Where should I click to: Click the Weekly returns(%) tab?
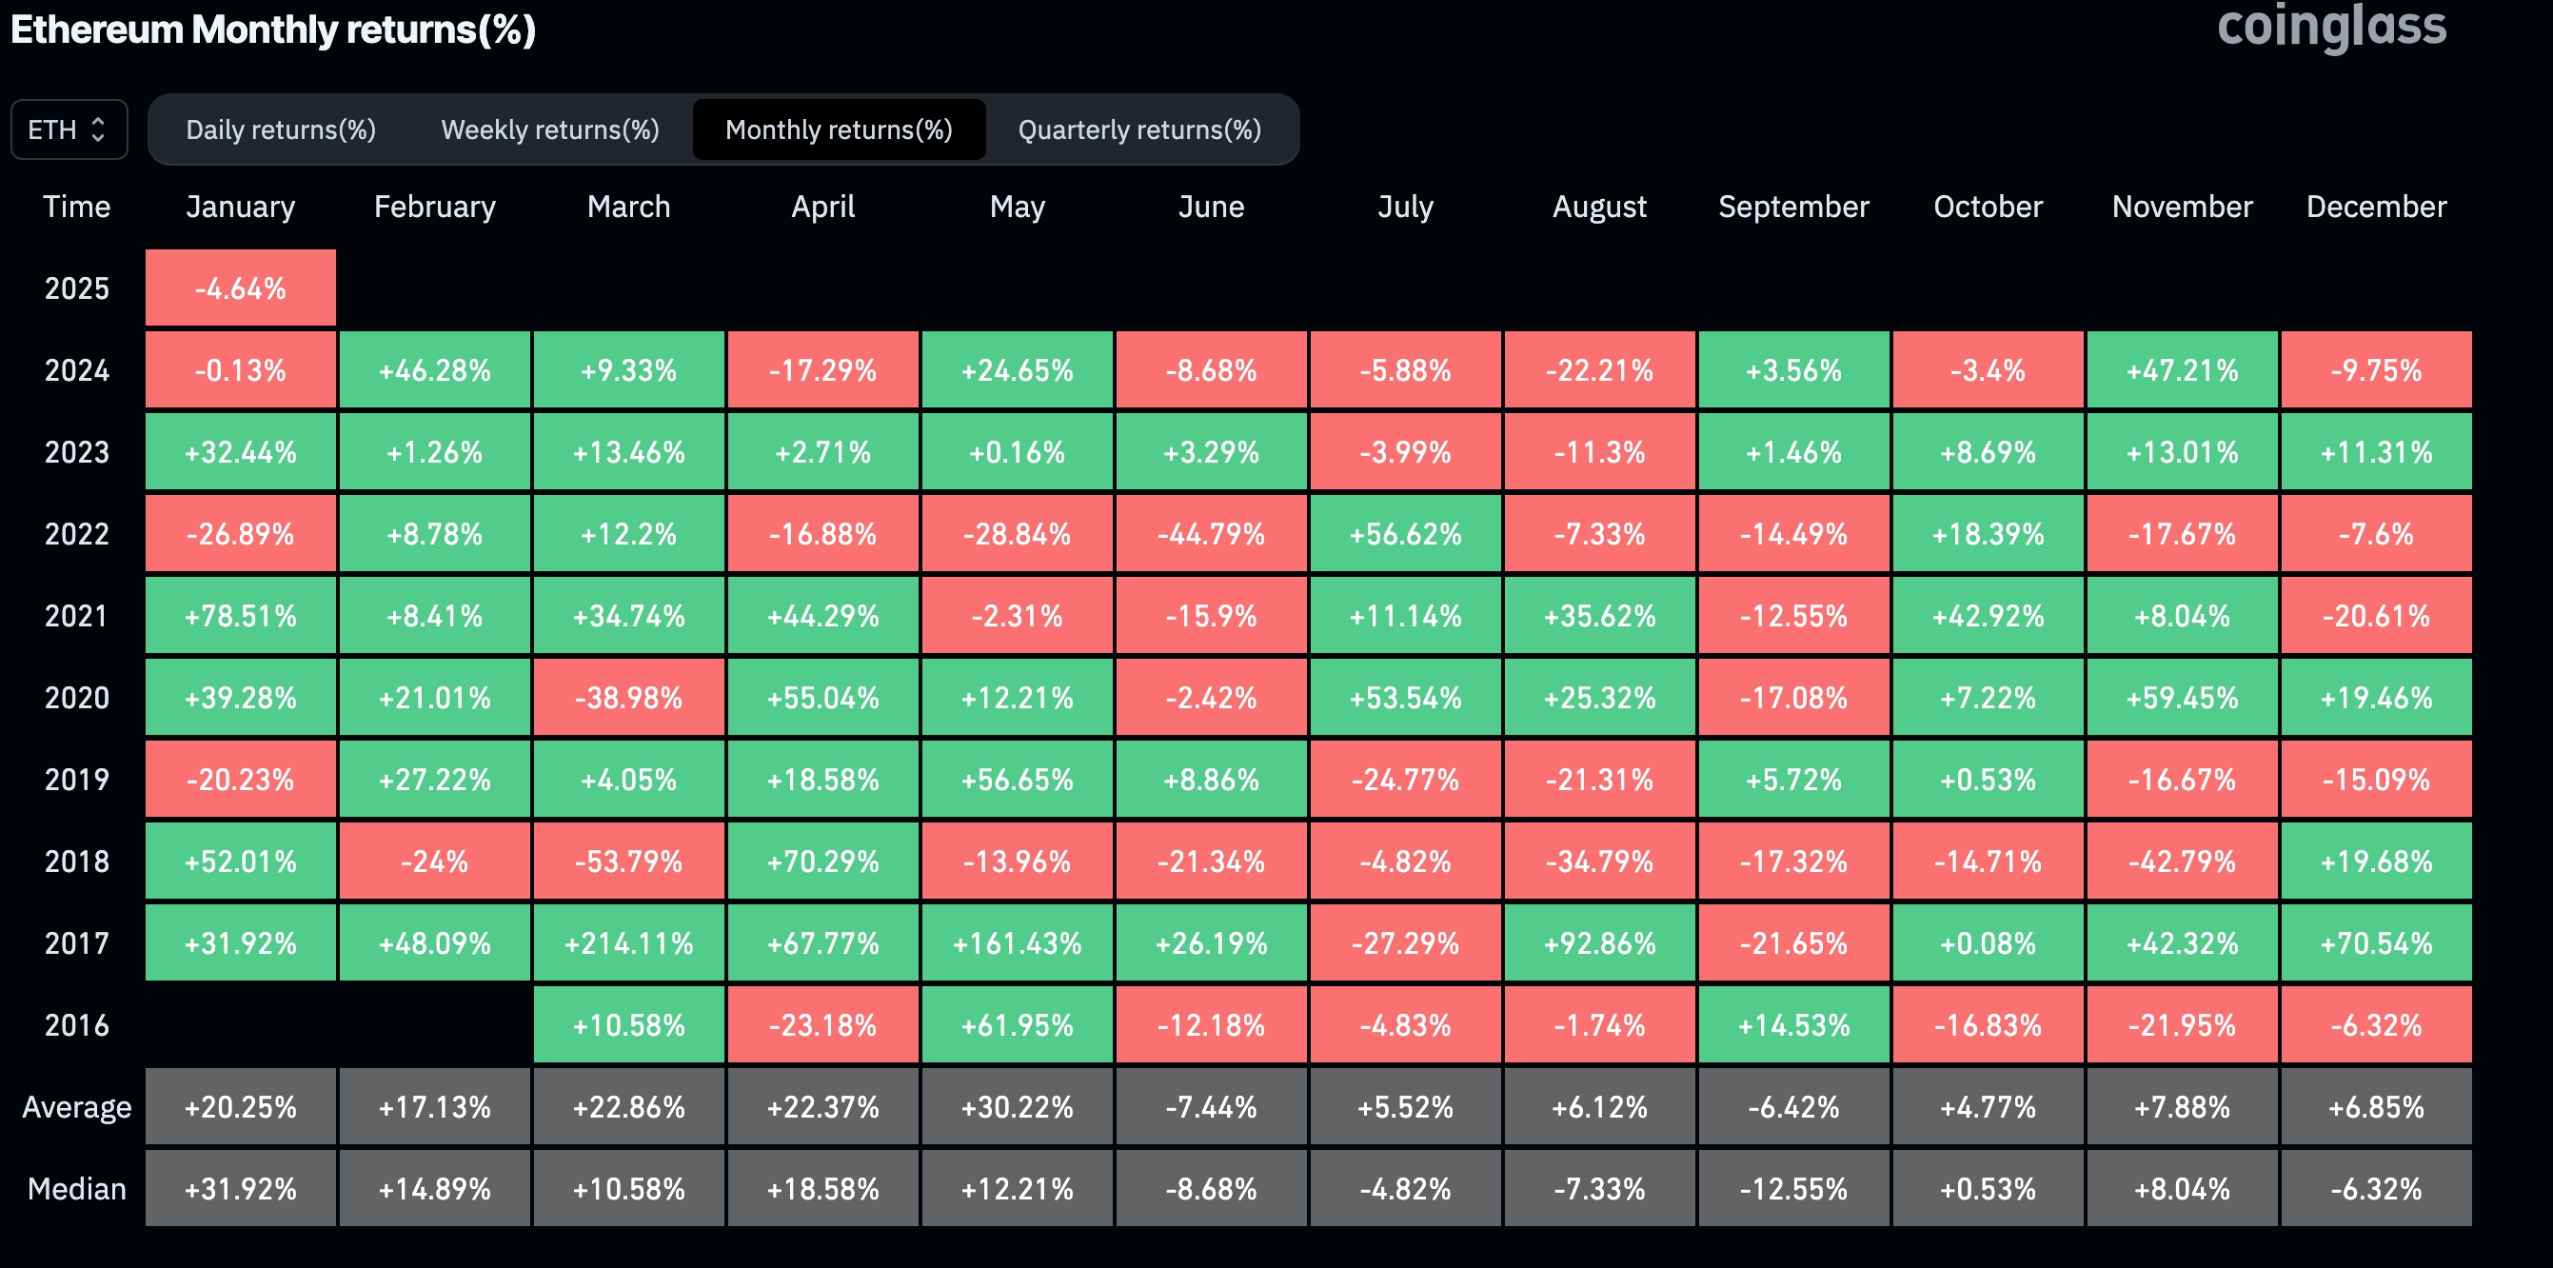(550, 129)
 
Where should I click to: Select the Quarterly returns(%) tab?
(1138, 129)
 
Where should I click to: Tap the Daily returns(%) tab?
(281, 129)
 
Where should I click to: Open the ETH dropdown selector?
(69, 129)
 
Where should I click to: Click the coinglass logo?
(2331, 27)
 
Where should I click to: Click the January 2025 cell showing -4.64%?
(241, 288)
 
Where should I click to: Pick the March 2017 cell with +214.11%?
(628, 942)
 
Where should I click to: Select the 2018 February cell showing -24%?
(434, 862)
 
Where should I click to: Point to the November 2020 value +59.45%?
(2182, 698)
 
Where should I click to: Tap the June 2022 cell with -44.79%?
(1211, 534)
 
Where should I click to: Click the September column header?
(1792, 207)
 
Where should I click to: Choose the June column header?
(1211, 207)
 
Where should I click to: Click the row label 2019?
(76, 781)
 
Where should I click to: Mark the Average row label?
(76, 1107)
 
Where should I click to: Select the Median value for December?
(2376, 1189)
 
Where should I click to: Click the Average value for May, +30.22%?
(1017, 1107)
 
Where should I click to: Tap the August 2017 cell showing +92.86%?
(1598, 942)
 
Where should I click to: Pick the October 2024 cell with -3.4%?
(1988, 370)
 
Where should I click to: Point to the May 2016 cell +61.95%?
(1017, 1025)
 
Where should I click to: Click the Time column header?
(76, 207)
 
